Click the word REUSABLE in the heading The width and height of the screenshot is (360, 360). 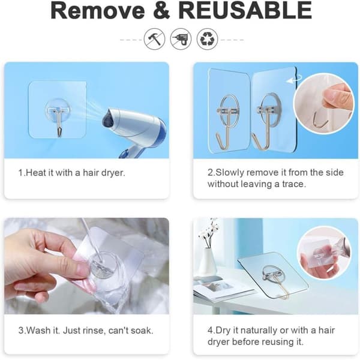245,10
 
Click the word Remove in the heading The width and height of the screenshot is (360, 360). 98,10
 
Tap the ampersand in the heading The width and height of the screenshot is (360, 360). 161,10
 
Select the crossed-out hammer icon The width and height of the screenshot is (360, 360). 155,39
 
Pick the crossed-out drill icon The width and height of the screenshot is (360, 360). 181,39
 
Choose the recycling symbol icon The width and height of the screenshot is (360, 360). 208,39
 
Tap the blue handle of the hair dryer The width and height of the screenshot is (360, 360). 127,154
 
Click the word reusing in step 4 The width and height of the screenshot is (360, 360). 277,342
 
